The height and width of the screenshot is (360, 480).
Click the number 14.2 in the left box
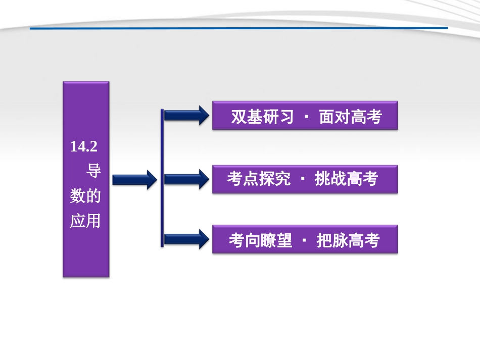tap(83, 147)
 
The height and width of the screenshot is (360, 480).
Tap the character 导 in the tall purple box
tap(93, 171)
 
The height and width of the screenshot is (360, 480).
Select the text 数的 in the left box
tap(85, 196)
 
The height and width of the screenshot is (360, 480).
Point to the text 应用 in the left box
tap(85, 221)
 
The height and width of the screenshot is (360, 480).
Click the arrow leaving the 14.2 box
tap(134, 179)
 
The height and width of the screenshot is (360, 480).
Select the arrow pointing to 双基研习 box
tap(186, 116)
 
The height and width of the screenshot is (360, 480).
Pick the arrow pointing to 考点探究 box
tap(186, 179)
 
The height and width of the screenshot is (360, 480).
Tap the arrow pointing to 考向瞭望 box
tap(186, 239)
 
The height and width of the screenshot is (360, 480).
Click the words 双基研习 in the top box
tap(262, 117)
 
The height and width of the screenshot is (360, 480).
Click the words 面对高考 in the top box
tap(351, 117)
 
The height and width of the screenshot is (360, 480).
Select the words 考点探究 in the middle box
tap(259, 179)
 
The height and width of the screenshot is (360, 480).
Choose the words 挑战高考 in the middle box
tap(347, 179)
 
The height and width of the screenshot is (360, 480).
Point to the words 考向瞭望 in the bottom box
tap(260, 240)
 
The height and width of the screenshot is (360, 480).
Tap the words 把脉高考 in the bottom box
tap(348, 240)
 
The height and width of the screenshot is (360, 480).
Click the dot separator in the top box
tap(307, 117)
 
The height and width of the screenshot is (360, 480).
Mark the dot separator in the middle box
tap(303, 179)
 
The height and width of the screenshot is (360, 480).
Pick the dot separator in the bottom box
tap(304, 240)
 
